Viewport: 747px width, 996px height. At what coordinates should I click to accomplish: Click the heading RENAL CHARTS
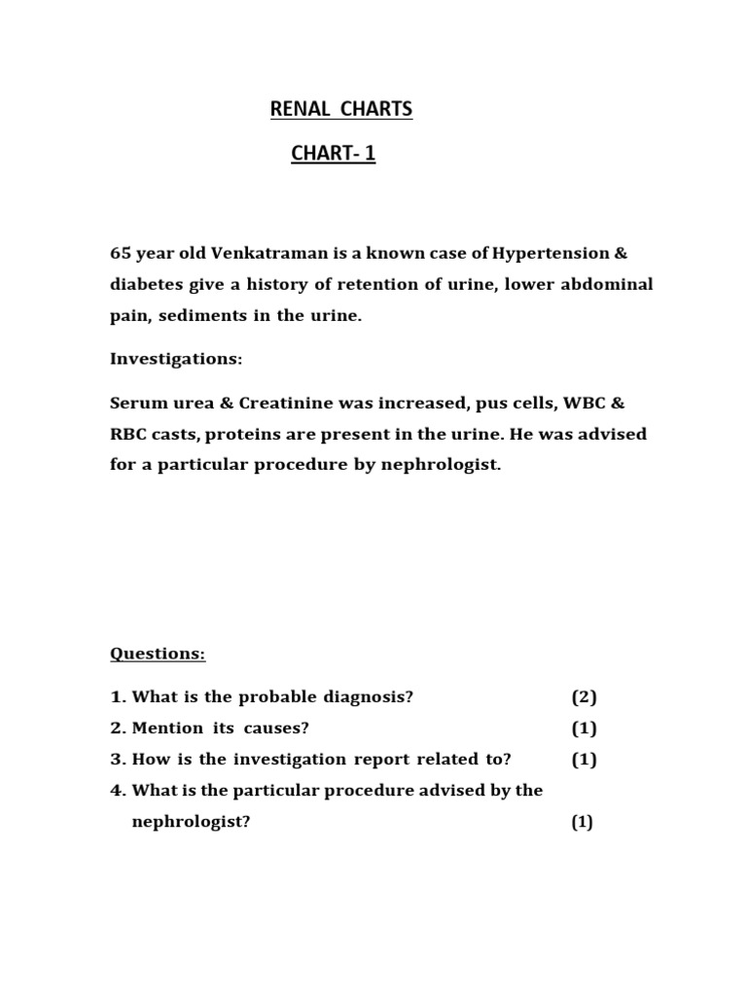point(340,110)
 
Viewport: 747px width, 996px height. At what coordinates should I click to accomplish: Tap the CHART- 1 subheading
point(333,153)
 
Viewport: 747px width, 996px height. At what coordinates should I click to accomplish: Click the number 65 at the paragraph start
point(120,253)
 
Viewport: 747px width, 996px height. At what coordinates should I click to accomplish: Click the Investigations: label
point(176,359)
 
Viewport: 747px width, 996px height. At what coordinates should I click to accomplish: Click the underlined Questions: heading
point(158,654)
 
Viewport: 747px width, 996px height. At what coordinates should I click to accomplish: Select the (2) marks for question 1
point(584,696)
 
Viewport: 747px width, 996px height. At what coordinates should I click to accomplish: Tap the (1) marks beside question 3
point(584,759)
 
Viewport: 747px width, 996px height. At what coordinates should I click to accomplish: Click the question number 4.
point(117,790)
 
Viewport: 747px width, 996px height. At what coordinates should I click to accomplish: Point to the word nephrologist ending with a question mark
point(191,822)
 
